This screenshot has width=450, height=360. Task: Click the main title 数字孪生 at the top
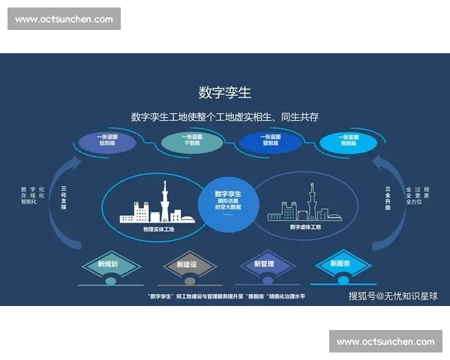point(225,92)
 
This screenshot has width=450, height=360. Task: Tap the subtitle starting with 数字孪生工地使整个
point(225,117)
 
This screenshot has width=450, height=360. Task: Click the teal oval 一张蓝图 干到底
point(192,141)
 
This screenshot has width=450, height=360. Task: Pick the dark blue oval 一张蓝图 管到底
point(271,141)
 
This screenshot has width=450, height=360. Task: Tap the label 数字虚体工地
point(305,226)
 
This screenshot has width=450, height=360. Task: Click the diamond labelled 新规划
point(108,264)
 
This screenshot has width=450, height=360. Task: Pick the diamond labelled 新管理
point(264,264)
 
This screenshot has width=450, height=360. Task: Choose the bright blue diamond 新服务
point(340,263)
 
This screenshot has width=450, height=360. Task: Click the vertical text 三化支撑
point(64,196)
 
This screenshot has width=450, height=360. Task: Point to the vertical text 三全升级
point(387,196)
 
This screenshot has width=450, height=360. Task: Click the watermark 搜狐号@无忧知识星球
point(393,296)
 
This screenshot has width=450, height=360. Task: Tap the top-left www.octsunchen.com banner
point(65,19)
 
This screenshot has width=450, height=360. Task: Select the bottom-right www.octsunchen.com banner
point(384,342)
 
